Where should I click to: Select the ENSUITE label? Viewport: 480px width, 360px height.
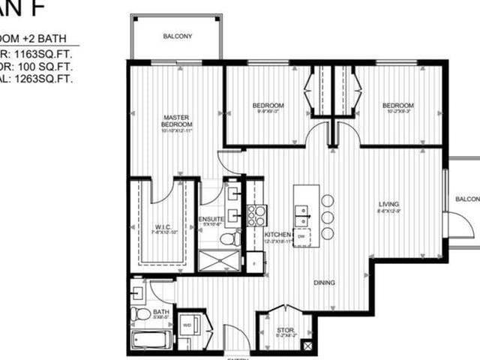coord(211,220)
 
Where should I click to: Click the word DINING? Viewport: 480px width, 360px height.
coord(325,283)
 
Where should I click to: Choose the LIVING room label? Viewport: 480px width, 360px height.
coord(388,204)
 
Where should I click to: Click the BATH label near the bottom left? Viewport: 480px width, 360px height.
coord(160,312)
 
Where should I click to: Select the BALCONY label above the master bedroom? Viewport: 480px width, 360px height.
coord(177,36)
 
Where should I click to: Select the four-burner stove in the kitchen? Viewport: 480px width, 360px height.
coord(256,214)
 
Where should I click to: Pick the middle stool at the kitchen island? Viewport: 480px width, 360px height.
coord(327,217)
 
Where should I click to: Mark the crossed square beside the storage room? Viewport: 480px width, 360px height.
coord(305,346)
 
